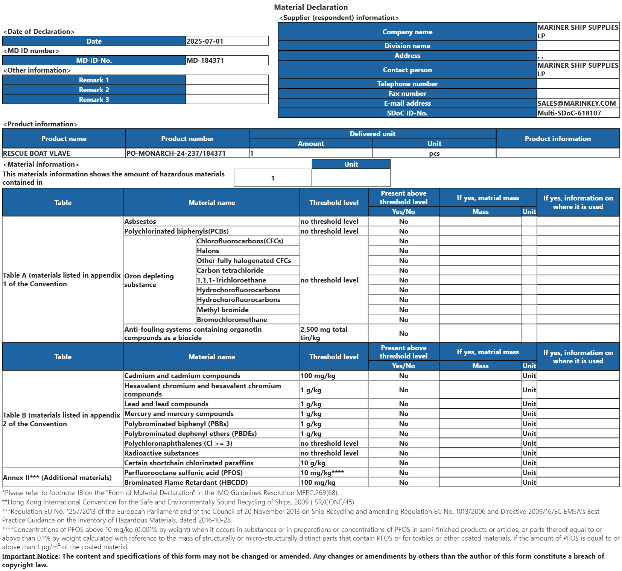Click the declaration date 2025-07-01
coord(205,41)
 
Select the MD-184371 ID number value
coord(205,60)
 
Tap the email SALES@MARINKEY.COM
coord(576,103)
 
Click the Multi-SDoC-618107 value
coord(569,113)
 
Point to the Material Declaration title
coord(311,7)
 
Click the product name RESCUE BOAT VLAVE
coord(36,153)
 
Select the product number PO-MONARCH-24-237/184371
coord(176,153)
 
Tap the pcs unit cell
coord(434,153)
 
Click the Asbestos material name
coord(140,221)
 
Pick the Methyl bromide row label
coord(222,310)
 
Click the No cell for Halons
coord(403,251)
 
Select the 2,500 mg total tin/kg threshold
coord(324,333)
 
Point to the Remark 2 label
coord(94,90)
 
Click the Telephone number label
coord(407,84)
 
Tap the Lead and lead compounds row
coord(166,404)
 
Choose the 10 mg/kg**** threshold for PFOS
coord(322,472)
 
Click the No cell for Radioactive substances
coord(403,453)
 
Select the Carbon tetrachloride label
coord(230,270)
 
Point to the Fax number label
coord(407,93)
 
